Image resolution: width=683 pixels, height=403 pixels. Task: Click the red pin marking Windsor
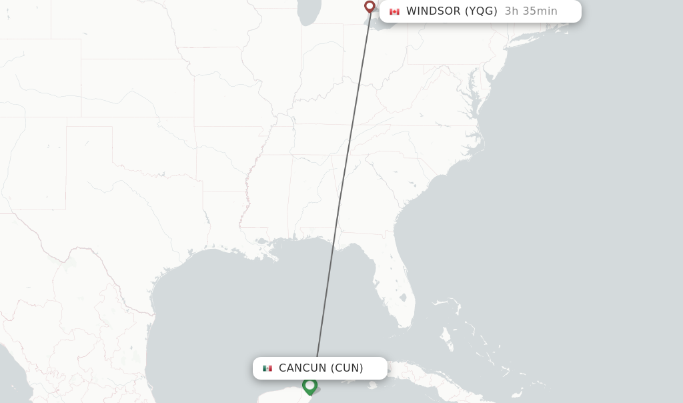pos(370,7)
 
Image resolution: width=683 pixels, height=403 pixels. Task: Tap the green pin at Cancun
pos(309,385)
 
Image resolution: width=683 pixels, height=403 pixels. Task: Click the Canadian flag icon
pos(394,11)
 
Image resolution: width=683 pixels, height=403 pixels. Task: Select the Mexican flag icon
pos(267,368)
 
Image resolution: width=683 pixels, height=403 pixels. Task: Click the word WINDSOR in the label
pos(434,11)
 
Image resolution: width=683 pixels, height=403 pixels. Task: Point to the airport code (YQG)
pos(481,11)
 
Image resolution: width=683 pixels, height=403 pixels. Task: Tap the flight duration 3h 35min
pos(531,11)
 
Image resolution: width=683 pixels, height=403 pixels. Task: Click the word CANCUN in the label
pos(302,368)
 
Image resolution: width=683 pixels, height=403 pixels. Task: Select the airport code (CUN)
pos(347,368)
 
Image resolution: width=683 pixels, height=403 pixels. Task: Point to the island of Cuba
pos(427,379)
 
